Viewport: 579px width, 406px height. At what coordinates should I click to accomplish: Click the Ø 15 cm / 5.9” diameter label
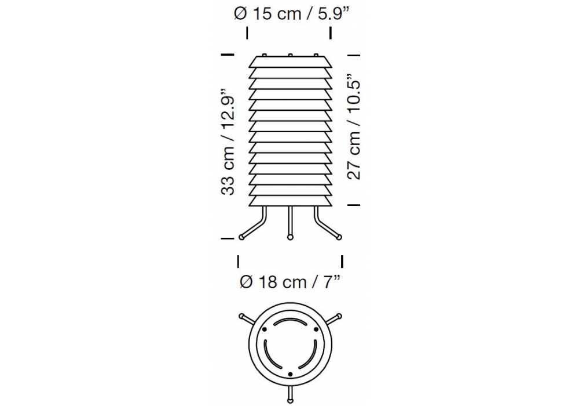pos(291,14)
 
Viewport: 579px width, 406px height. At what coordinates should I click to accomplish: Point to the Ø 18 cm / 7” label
pos(289,282)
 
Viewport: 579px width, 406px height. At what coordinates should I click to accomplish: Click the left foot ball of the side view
pos(241,237)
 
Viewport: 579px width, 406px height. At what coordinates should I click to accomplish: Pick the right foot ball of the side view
pos(339,237)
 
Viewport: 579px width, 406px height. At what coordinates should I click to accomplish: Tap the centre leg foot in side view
pos(290,237)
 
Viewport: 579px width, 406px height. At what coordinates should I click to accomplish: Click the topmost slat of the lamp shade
pos(290,62)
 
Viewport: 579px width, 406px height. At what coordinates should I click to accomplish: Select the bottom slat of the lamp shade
pos(290,201)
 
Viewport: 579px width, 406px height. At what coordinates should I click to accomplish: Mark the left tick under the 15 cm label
pos(247,33)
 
